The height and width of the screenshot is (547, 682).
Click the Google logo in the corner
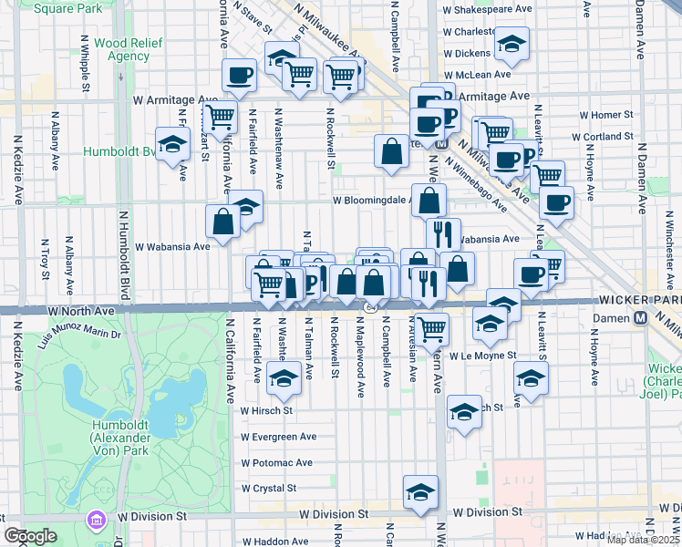(x=30, y=536)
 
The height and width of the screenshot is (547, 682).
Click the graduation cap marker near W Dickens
(x=511, y=44)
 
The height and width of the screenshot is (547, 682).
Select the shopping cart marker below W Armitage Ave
(x=220, y=117)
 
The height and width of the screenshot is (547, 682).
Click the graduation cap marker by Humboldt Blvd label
(x=170, y=145)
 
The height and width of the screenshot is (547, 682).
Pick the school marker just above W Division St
(x=420, y=492)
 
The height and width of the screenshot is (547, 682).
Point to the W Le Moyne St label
(x=482, y=356)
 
